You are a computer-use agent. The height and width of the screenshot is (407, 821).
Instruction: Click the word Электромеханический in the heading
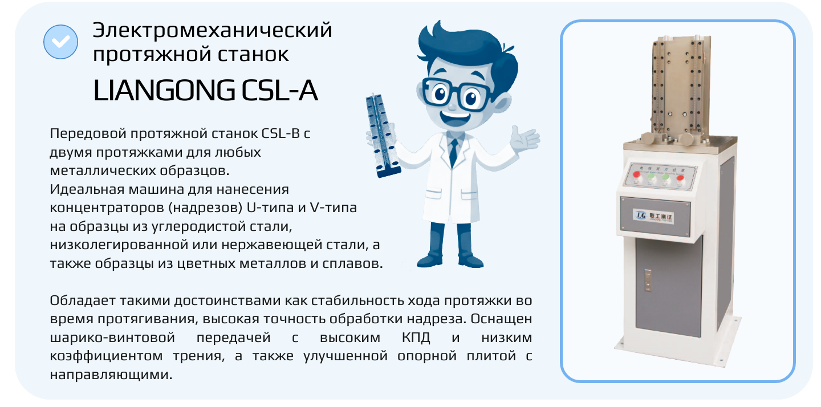point(212,30)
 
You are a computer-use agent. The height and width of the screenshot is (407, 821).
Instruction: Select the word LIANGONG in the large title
point(163,90)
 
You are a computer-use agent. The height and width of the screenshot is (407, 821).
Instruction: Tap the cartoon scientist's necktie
point(453,150)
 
